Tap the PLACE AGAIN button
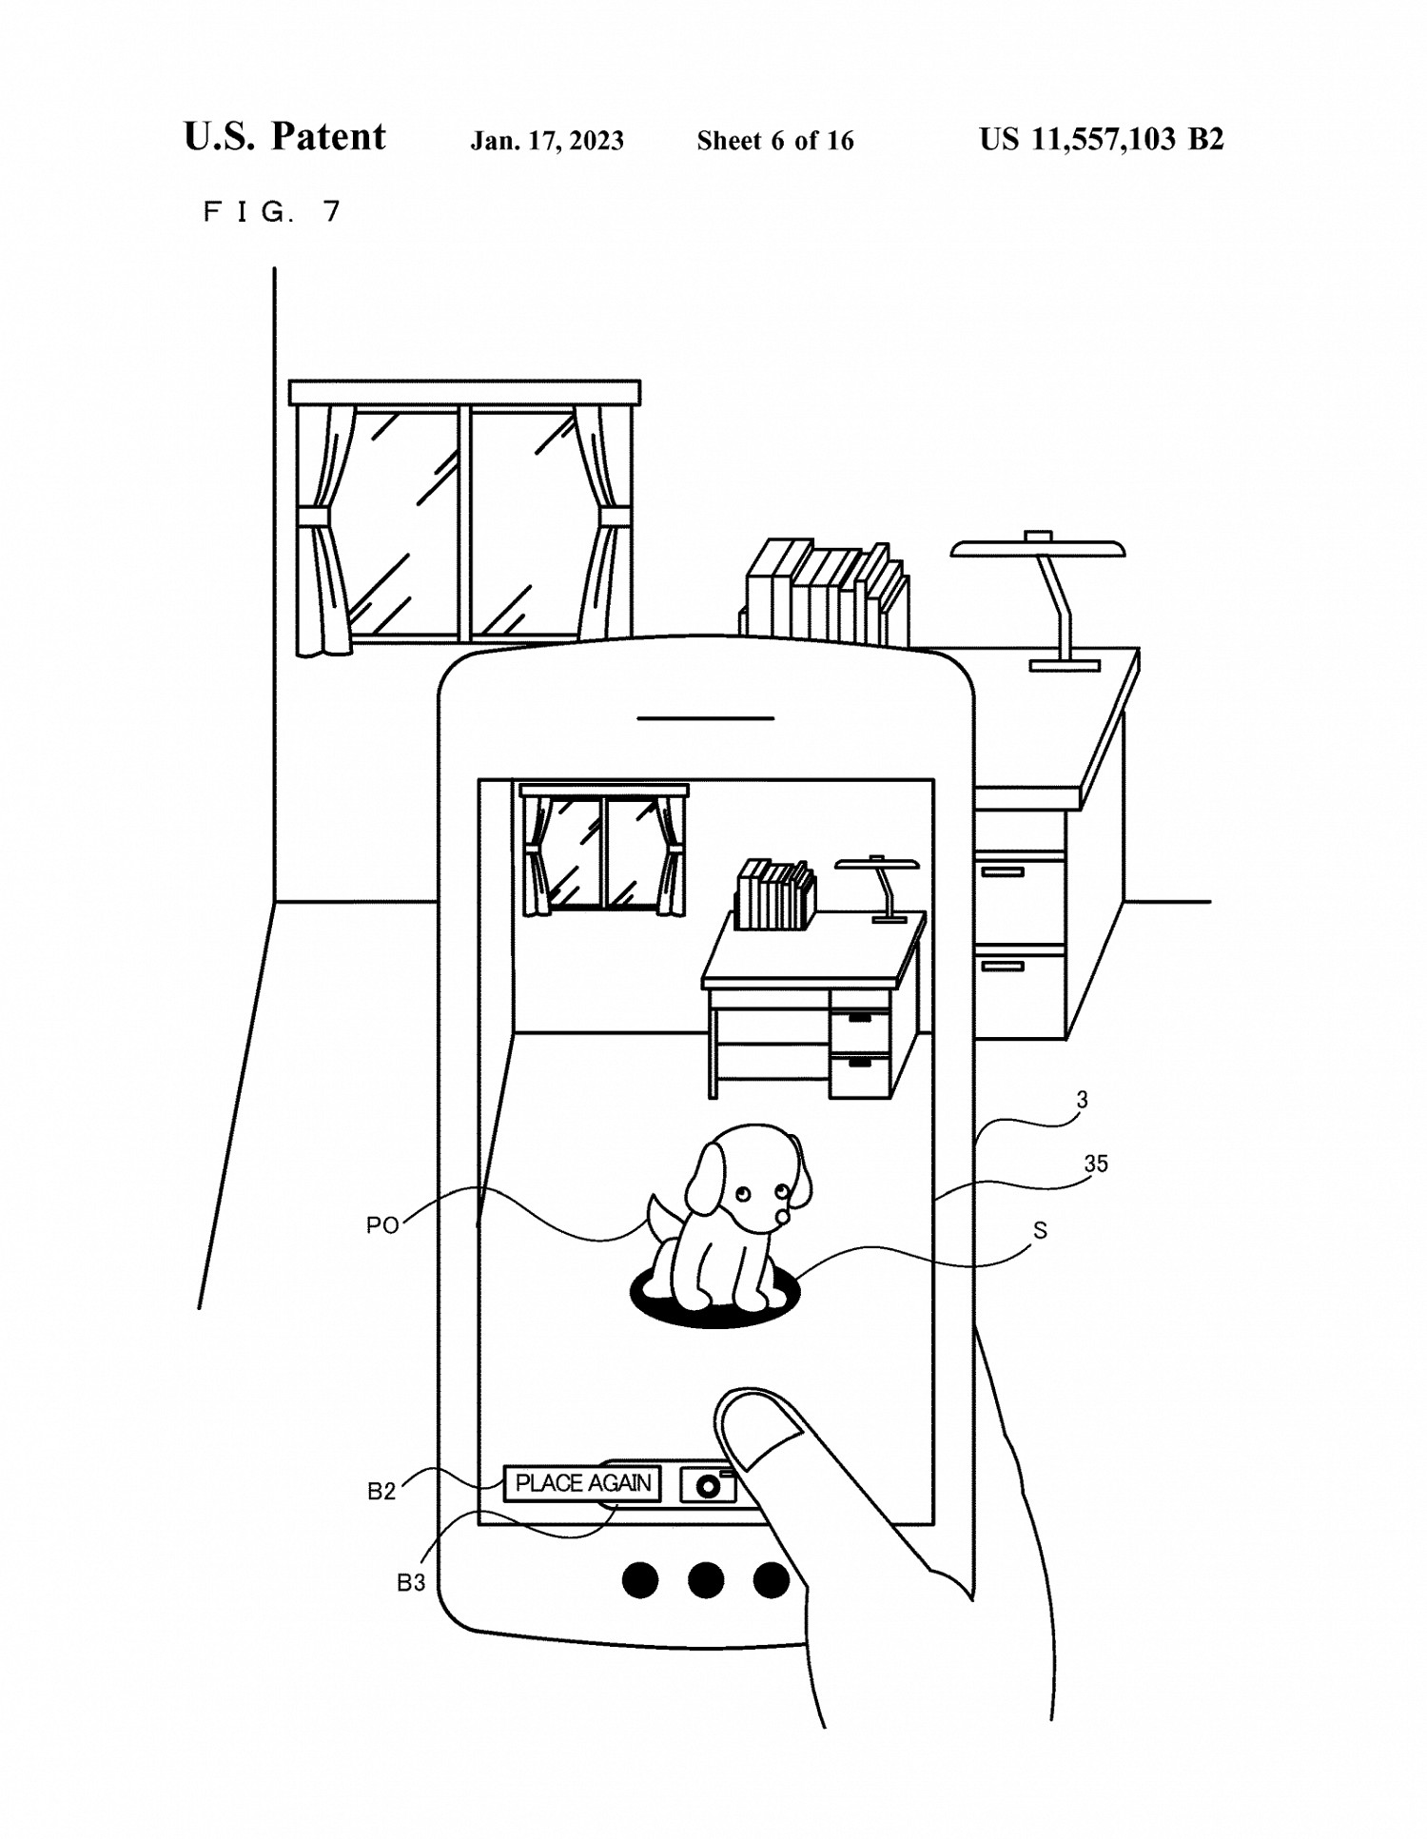click(581, 1483)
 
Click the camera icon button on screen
click(707, 1485)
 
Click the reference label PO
click(382, 1225)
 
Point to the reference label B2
click(381, 1491)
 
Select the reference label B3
click(411, 1583)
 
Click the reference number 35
click(1096, 1164)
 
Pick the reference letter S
click(1040, 1231)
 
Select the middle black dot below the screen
click(706, 1580)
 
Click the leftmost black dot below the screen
click(640, 1580)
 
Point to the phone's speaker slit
click(705, 718)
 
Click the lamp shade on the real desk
click(1038, 548)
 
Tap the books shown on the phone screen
click(774, 895)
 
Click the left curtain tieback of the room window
click(313, 517)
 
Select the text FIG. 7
click(271, 211)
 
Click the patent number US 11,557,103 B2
click(1101, 140)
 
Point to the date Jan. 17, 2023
click(547, 141)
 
